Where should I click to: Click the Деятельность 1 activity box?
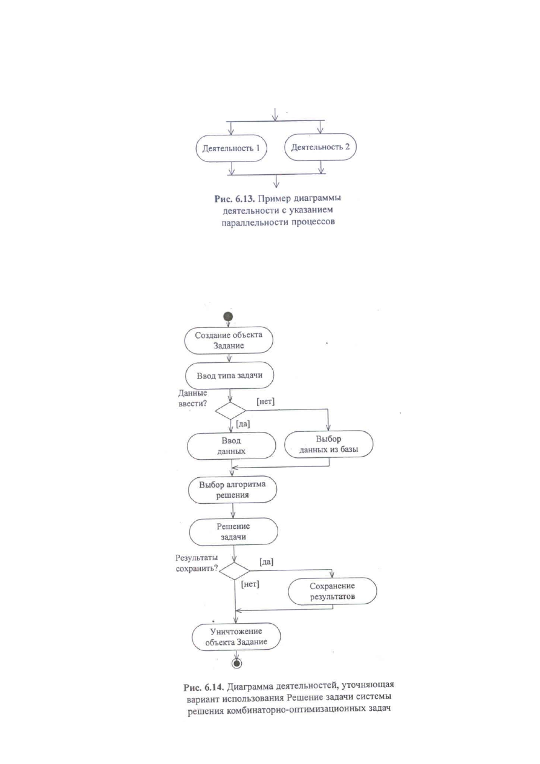click(231, 148)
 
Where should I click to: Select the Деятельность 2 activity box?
click(320, 147)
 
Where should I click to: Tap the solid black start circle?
click(228, 316)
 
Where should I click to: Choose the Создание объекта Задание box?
click(229, 341)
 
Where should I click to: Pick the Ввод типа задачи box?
click(229, 376)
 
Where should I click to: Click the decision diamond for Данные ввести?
click(230, 411)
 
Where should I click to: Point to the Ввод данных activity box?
click(231, 446)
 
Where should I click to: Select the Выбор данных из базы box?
click(329, 444)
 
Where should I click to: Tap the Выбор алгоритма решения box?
click(232, 489)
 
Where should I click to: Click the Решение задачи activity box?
click(233, 532)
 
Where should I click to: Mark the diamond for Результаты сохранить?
click(234, 571)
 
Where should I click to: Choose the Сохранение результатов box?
click(333, 591)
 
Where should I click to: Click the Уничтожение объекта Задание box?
click(236, 637)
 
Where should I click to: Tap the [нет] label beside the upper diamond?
click(265, 402)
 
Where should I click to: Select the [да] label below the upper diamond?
click(242, 424)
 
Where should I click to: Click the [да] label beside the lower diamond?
click(266, 562)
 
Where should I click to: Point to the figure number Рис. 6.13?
click(235, 198)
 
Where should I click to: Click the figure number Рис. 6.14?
click(204, 687)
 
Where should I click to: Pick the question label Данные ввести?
click(193, 398)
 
